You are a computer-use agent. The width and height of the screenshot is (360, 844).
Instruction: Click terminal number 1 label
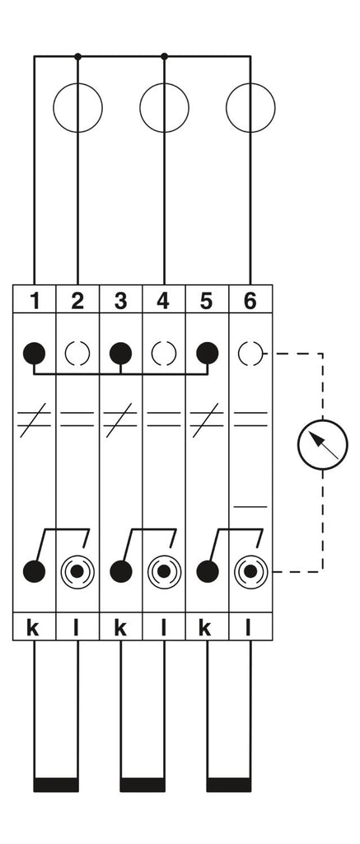35,300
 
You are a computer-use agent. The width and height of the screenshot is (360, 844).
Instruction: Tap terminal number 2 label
77,300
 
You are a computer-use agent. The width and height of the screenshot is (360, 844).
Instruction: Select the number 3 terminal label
120,300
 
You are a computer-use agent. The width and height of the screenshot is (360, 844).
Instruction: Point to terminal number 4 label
164,300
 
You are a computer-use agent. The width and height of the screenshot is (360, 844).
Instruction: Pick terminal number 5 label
207,300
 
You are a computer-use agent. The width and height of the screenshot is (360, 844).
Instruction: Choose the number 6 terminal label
250,300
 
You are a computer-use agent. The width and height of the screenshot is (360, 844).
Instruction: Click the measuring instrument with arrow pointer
323,445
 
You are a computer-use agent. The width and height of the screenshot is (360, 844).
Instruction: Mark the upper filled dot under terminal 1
35,354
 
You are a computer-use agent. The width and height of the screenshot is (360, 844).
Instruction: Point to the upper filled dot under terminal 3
120,354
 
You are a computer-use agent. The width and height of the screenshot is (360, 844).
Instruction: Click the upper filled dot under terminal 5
207,354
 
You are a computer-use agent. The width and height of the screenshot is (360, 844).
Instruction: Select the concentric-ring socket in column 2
77,571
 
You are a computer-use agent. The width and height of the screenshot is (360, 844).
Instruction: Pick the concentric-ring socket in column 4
164,571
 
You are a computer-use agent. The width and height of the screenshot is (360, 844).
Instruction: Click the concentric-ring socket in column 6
250,571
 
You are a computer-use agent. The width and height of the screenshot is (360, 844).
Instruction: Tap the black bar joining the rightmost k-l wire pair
229,785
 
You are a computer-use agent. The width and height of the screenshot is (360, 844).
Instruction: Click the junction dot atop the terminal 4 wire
164,56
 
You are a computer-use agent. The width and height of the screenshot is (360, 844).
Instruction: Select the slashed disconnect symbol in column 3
120,420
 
